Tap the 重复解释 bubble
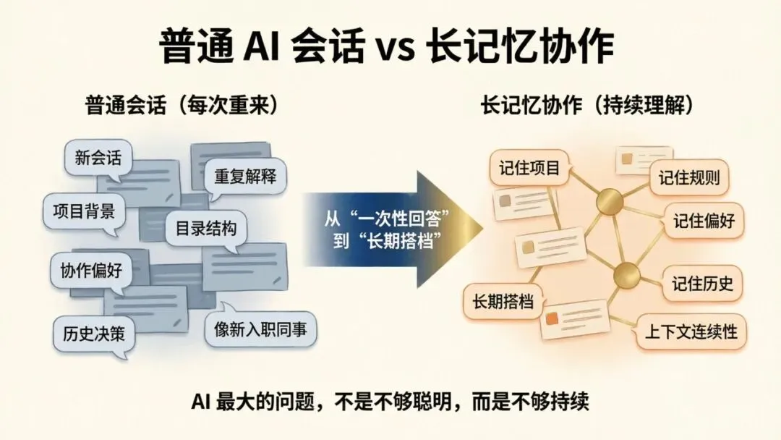245,176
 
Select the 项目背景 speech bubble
84,211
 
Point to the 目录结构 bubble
206,228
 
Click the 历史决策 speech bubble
94,334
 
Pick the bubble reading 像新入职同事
260,329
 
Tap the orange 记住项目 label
530,169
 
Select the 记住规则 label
689,178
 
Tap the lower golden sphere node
627,276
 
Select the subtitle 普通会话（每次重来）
182,106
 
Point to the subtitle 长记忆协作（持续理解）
588,106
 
